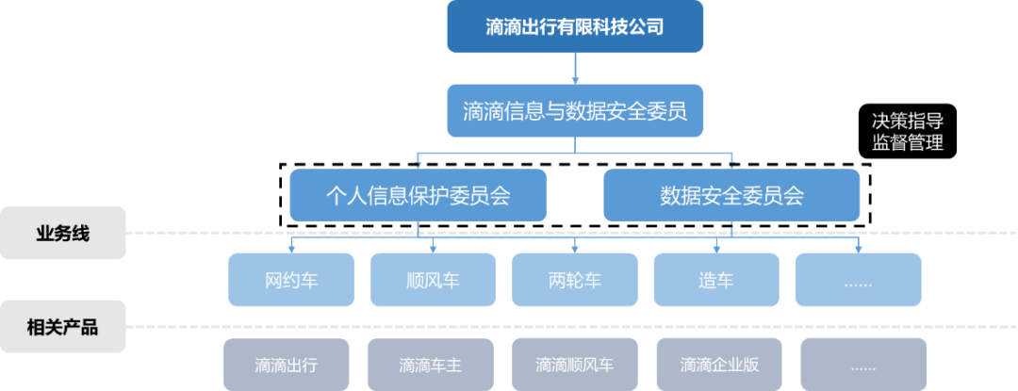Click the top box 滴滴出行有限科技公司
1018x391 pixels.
point(575,26)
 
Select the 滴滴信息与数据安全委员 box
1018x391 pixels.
point(575,111)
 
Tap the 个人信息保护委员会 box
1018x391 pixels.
point(418,195)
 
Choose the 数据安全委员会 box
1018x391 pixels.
point(731,195)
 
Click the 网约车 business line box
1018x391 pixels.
point(291,280)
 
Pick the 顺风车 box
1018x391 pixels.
point(433,280)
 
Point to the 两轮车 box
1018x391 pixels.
point(574,280)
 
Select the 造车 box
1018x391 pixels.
point(716,280)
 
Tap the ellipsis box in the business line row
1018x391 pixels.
point(858,280)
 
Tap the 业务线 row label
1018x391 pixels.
point(62,233)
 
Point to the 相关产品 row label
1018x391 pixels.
point(62,328)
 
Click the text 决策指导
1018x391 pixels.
point(908,122)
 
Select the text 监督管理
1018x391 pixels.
point(908,143)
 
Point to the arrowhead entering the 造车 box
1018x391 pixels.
point(716,249)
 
